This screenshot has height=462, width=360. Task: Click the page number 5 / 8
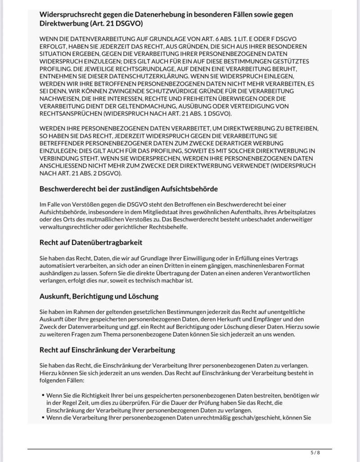[x=315, y=452]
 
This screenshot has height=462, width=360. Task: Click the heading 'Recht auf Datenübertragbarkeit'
[x=91, y=242]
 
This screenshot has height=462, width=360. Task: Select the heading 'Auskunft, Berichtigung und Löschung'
[x=99, y=296]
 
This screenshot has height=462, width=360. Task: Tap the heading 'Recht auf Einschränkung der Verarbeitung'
[x=107, y=350]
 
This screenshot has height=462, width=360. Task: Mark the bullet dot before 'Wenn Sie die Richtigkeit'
[x=42, y=395]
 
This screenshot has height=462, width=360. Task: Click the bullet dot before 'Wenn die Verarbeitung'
[x=42, y=417]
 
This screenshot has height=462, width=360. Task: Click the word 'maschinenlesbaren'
[x=256, y=266]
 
